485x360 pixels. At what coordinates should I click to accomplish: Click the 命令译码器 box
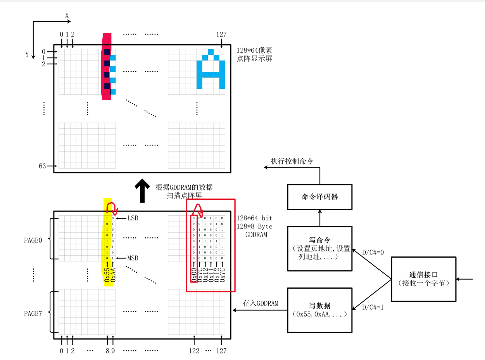pos(319,197)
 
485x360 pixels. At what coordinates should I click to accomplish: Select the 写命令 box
pos(319,248)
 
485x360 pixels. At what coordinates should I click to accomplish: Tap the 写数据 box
pos(319,310)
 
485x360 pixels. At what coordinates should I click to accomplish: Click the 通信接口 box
pos(423,279)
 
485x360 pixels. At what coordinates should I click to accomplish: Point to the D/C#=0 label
pos(372,252)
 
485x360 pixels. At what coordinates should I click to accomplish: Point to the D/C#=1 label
pos(372,308)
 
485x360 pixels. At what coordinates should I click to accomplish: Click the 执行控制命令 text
pos(292,161)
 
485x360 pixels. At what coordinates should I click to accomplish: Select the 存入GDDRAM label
pos(261,303)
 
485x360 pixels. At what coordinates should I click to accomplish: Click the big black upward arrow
pos(142,190)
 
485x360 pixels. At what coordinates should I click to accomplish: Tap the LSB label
pos(133,218)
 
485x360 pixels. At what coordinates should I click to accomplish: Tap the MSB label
pos(133,258)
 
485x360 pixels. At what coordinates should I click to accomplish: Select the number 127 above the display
pos(221,34)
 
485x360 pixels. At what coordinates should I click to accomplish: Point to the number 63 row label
pos(42,166)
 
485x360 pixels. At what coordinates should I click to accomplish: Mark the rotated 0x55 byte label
pos(107,274)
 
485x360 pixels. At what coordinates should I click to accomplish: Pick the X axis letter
pos(67,16)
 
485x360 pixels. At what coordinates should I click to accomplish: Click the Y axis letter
pos(27,54)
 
